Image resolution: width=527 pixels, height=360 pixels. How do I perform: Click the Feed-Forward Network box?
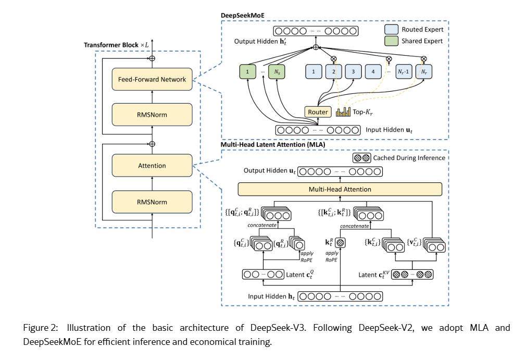click(x=152, y=80)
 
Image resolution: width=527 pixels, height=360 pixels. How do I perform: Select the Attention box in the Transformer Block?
click(x=152, y=166)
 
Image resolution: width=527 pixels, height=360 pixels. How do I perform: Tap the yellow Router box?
click(x=318, y=112)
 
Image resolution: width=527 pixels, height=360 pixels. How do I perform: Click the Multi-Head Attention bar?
click(x=340, y=189)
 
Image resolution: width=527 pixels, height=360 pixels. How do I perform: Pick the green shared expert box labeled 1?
click(x=248, y=71)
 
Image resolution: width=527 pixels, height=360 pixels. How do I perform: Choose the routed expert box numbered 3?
click(x=353, y=71)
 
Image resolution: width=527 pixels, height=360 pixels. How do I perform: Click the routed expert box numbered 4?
click(x=373, y=71)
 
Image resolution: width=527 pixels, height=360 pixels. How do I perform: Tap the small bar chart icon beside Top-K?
click(x=344, y=112)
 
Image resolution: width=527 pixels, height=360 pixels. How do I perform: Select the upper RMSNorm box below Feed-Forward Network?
click(x=152, y=115)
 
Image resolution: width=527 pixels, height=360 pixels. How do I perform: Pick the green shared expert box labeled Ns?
click(x=278, y=71)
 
